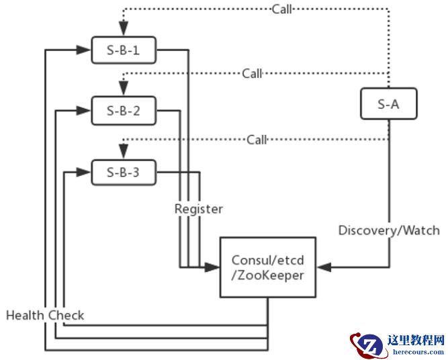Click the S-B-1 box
pos(124,49)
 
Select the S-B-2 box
pos(124,111)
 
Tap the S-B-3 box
pos(124,173)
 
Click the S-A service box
pos(388,104)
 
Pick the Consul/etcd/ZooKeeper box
pos(268,267)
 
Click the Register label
pos(198,209)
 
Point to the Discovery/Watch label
pos(389,230)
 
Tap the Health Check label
pos(45,315)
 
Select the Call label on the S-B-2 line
pos(253,73)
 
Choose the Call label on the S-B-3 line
pos(257,140)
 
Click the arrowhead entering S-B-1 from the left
pos(85,49)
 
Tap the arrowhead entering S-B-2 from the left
pos(85,111)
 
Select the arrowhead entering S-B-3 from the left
pos(85,173)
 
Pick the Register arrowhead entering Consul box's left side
pos(215,267)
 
